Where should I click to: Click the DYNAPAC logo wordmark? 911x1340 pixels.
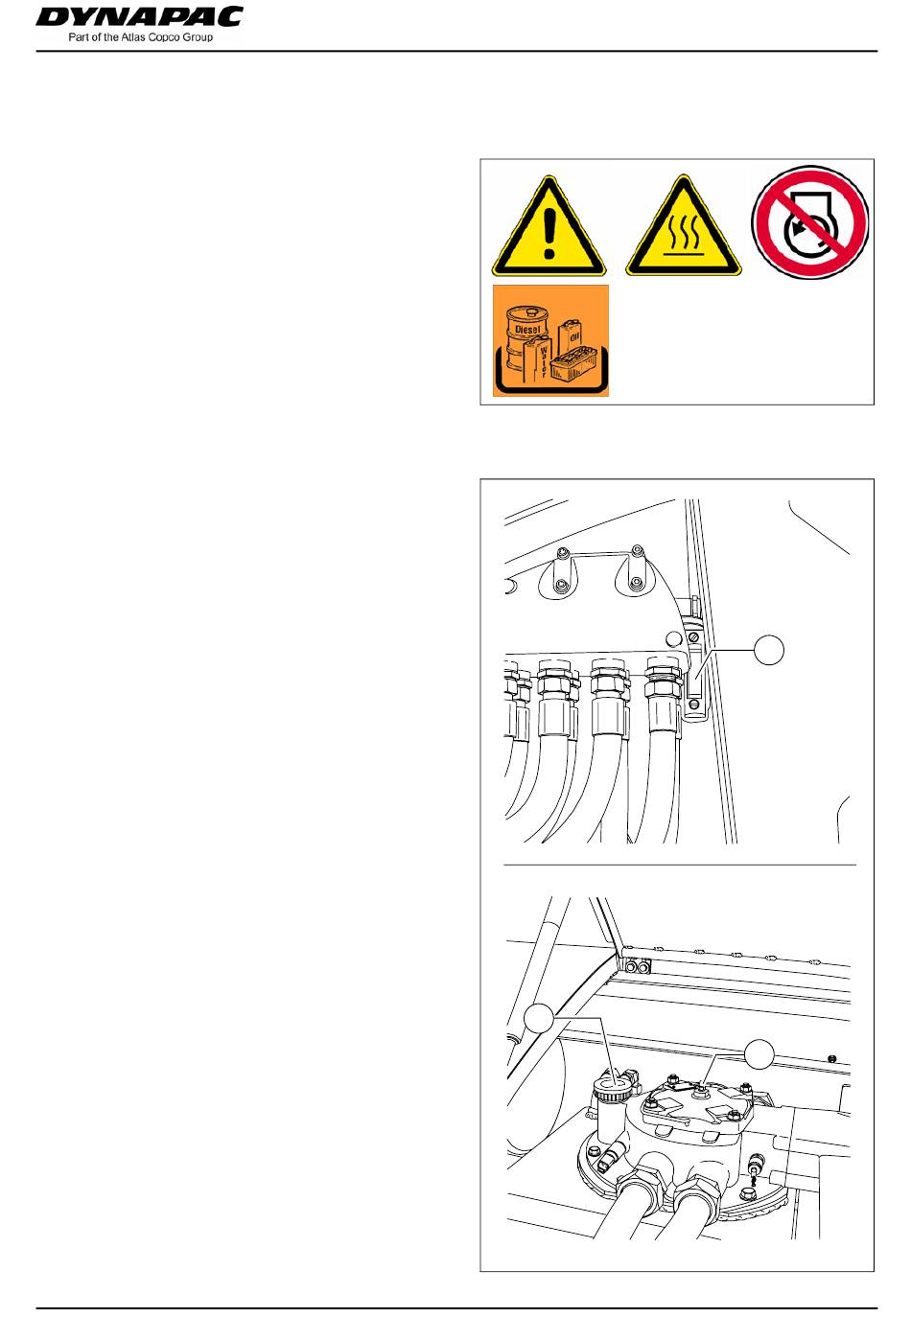pos(139,16)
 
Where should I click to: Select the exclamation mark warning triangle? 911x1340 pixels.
pos(549,226)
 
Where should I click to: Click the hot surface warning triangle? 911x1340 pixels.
pos(683,226)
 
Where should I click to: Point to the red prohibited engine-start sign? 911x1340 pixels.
pos(810,222)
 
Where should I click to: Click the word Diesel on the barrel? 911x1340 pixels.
pos(527,329)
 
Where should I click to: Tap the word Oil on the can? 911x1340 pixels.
pos(567,336)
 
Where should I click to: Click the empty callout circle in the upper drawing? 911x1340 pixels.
pos(768,650)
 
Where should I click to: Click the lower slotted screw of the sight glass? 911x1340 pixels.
pos(693,705)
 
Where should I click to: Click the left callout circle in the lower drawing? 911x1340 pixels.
pos(539,1018)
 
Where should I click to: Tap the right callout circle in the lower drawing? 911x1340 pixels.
pos(759,1053)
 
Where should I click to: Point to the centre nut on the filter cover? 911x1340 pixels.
pos(698,1093)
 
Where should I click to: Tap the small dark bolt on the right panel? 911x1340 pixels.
pos(831,1058)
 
